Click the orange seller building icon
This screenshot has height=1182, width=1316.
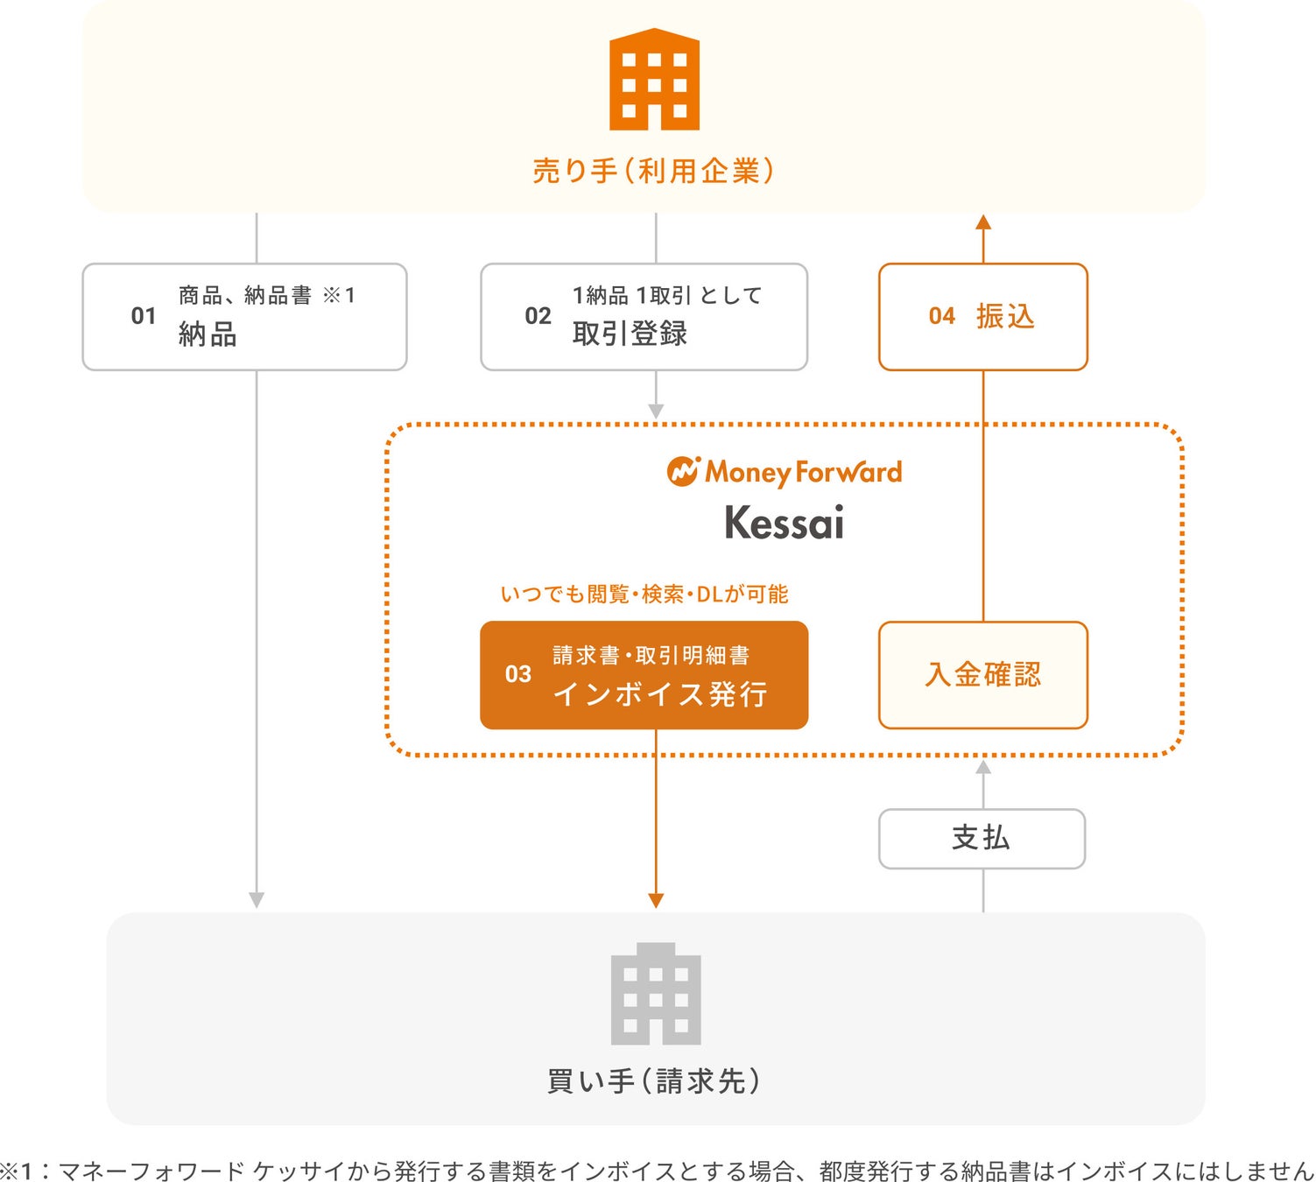(654, 80)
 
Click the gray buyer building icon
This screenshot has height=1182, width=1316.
(656, 994)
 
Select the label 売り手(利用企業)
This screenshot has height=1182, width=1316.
(654, 171)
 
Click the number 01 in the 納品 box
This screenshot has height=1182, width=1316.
(144, 316)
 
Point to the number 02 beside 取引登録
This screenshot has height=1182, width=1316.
(538, 316)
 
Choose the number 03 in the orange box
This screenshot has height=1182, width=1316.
(518, 674)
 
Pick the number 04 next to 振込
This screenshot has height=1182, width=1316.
(942, 316)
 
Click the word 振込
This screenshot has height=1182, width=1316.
(1005, 316)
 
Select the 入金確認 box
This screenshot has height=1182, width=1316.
(982, 675)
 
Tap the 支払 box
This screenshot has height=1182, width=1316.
(982, 839)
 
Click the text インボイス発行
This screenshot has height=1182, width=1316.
(660, 694)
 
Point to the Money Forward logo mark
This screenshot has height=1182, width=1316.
(683, 471)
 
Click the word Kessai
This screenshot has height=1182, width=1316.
(785, 523)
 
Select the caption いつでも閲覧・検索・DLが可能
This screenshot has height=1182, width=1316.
(644, 595)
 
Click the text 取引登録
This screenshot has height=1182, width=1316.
(630, 334)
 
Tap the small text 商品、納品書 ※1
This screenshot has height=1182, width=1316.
(267, 296)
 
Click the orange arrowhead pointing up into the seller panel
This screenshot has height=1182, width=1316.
(983, 222)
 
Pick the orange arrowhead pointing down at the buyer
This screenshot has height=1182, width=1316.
(656, 900)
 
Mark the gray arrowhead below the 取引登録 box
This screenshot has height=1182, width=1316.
(656, 411)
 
